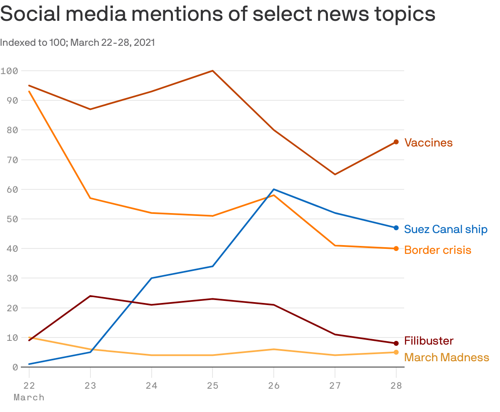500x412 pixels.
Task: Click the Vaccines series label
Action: tap(428, 143)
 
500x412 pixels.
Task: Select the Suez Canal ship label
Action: tap(445, 229)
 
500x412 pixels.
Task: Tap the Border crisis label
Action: tap(437, 250)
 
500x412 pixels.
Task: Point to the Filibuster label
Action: tap(429, 341)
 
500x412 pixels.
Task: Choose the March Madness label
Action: tap(446, 357)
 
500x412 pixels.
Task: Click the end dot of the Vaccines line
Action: tap(396, 142)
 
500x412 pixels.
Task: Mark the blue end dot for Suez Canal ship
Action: tap(396, 228)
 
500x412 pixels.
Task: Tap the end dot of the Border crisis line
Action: tap(396, 248)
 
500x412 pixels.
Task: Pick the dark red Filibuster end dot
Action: tap(396, 343)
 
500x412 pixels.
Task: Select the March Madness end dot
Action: tap(396, 352)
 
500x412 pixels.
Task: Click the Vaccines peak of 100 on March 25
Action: tap(212, 71)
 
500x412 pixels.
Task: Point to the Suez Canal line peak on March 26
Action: tap(274, 189)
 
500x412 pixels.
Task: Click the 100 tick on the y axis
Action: tap(9, 71)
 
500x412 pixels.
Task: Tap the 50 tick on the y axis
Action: tap(12, 219)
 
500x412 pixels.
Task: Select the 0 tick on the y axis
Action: tap(15, 367)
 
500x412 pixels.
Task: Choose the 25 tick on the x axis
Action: tap(212, 385)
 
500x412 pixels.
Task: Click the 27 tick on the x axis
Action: tap(335, 385)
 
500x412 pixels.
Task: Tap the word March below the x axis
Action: tap(29, 397)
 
